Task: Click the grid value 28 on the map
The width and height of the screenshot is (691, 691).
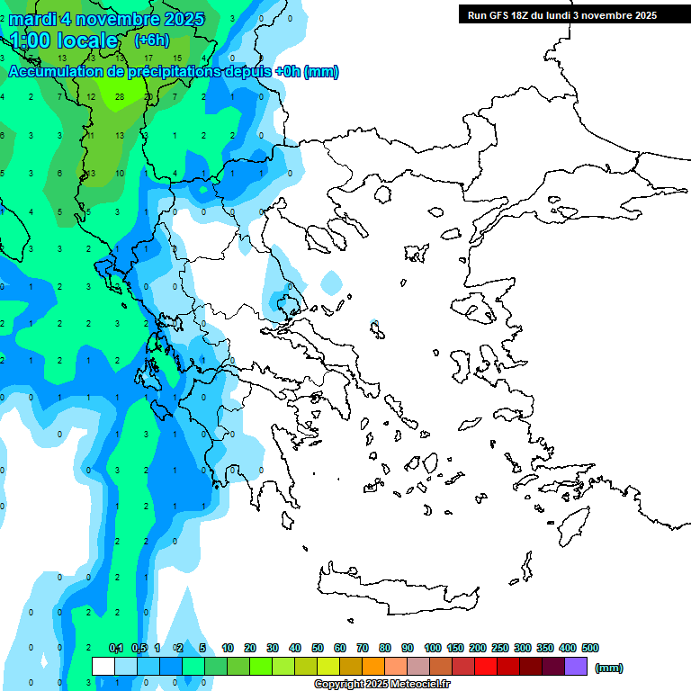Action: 120,96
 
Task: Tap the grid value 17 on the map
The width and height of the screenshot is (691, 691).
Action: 148,58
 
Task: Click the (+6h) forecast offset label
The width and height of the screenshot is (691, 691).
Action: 151,40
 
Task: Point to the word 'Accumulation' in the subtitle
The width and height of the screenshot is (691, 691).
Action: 58,71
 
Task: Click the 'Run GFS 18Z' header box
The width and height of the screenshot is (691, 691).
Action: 558,14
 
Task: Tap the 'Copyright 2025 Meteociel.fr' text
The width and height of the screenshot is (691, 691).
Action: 382,684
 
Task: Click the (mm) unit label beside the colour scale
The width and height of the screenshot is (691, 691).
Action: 608,668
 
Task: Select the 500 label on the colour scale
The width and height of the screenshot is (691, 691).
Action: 590,648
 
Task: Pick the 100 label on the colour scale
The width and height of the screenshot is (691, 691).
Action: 433,648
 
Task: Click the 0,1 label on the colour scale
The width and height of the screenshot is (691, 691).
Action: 116,648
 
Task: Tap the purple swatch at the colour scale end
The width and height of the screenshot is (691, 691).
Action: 576,666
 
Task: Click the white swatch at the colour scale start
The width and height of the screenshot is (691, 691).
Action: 103,666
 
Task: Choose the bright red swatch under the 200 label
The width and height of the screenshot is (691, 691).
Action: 485,666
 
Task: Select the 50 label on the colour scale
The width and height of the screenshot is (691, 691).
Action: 318,648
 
